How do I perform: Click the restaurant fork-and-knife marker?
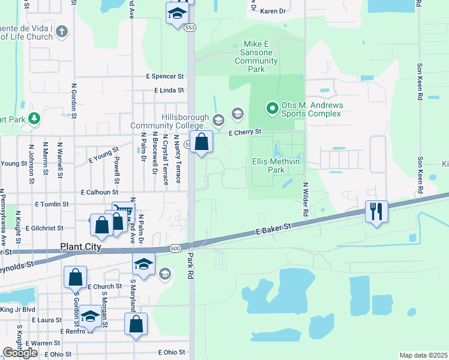point(376,212)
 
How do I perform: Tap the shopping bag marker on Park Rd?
point(202,142)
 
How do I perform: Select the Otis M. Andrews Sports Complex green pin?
point(272,109)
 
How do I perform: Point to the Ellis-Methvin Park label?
point(276,166)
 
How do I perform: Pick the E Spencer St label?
point(165,77)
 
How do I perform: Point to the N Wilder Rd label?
point(306,199)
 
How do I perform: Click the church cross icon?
point(61,31)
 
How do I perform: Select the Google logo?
point(20,353)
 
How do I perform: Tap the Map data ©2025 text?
point(423,355)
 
